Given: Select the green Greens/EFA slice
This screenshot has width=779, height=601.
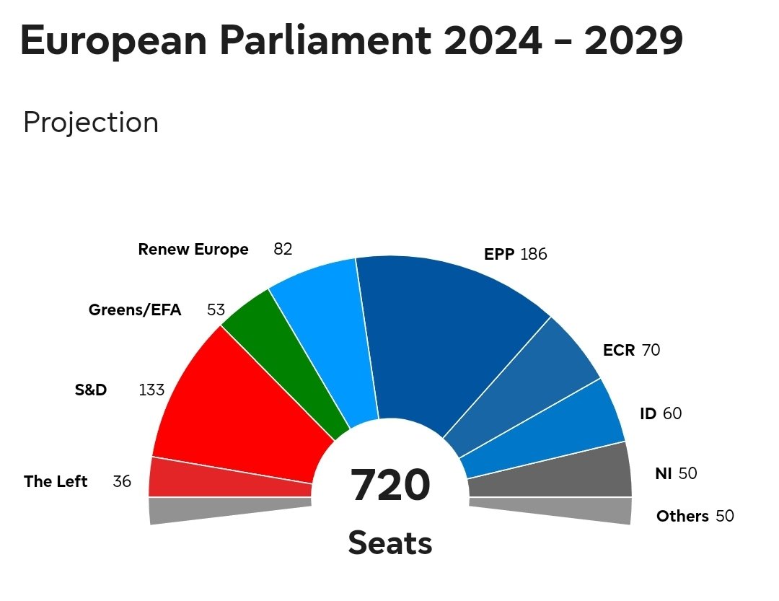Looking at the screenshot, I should [289, 361].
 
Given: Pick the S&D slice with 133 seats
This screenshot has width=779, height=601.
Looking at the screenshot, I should [238, 411].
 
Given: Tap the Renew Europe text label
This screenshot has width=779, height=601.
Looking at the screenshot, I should [193, 250].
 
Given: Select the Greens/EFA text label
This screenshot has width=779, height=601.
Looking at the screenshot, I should [135, 310].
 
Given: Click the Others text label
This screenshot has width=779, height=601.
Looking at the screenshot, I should [682, 517].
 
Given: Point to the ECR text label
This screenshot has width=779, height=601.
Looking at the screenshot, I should [619, 351].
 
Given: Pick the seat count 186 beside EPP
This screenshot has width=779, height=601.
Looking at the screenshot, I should [534, 255].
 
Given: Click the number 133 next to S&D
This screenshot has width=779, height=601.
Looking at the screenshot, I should [151, 390].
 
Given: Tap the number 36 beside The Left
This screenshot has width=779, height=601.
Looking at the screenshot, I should [122, 481].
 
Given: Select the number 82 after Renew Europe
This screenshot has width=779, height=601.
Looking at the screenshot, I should [283, 250].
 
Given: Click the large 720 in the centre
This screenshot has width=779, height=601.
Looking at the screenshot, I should [390, 485].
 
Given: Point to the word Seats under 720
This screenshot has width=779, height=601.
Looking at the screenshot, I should [390, 543].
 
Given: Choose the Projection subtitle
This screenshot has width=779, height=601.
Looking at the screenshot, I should [91, 123].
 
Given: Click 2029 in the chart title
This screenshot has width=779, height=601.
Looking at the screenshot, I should [634, 41].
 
